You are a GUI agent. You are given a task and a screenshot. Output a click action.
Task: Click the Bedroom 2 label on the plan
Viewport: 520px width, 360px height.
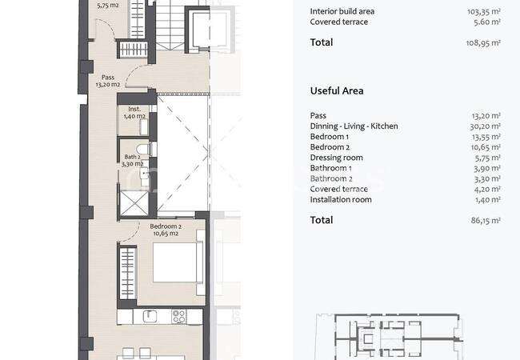point(166,230)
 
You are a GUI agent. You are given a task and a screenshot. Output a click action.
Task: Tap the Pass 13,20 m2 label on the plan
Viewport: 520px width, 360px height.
point(108,81)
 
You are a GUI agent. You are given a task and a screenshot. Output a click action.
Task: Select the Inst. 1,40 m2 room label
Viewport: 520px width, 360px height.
point(134,112)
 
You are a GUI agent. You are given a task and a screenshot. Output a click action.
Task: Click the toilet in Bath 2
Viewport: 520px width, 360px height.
point(146,149)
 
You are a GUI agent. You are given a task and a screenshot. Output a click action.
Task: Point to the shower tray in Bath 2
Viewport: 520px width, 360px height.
point(134,203)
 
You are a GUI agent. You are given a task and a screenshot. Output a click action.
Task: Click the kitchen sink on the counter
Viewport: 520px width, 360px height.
point(150,316)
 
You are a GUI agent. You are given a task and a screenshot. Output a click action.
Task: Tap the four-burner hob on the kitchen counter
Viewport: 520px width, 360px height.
point(178,316)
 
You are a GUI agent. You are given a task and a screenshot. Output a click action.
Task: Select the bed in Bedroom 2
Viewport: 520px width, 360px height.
point(178,262)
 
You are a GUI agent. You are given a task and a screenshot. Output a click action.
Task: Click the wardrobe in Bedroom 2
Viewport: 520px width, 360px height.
point(128,274)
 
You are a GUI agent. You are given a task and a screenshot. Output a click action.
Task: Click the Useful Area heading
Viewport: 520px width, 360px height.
point(337,91)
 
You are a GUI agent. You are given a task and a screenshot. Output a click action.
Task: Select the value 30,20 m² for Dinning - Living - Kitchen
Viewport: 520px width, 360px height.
point(485,126)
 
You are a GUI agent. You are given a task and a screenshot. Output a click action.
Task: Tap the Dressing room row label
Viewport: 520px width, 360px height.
point(336,158)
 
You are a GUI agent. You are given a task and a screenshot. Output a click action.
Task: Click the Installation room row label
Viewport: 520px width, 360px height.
point(341,199)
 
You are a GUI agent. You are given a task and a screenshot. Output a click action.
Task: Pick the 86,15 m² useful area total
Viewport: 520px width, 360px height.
point(486,221)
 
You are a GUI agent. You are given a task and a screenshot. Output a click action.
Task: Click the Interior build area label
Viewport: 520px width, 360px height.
point(342,11)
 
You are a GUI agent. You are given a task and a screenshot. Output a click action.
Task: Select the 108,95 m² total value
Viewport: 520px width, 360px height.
point(483,42)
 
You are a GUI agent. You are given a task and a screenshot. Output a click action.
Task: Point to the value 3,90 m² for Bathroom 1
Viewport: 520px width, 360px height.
point(487,168)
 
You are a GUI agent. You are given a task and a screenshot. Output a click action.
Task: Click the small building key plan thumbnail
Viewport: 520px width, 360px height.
point(390,336)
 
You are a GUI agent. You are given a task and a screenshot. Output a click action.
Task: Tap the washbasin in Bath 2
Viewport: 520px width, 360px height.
point(145,173)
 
